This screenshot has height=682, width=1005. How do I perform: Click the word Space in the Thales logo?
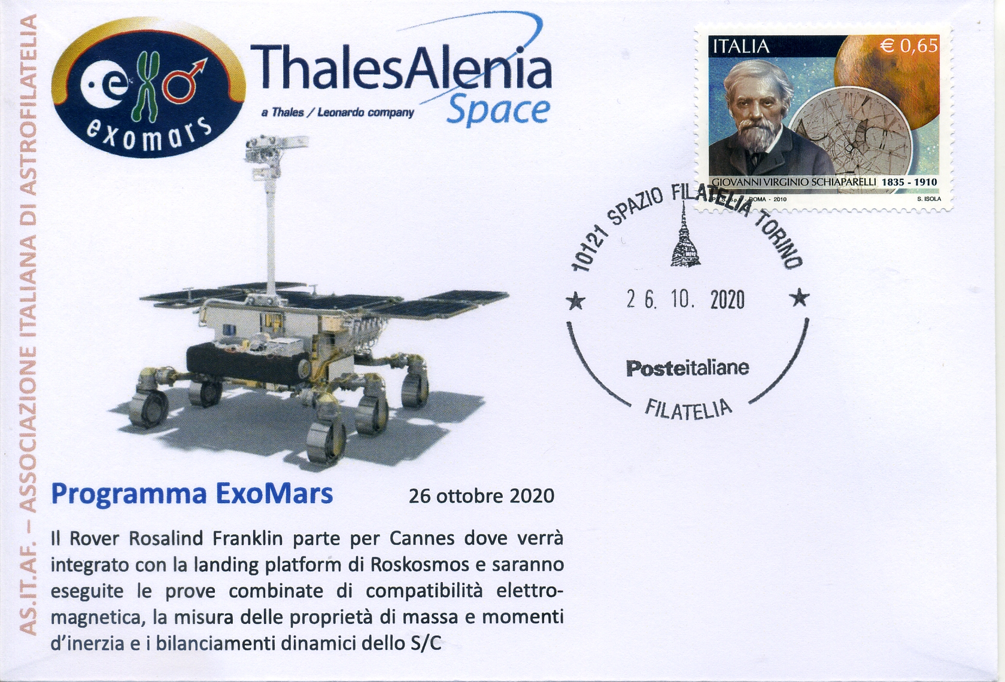tap(498, 110)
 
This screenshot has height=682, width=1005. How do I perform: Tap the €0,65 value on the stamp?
tap(909, 45)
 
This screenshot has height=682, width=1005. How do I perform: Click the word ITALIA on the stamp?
tap(741, 46)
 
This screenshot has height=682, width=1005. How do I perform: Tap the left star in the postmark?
tap(576, 302)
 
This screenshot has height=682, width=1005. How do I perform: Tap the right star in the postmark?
tap(799, 298)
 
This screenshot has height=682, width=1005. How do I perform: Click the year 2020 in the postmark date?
tap(727, 300)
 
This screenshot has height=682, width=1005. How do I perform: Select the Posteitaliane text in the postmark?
tap(687, 368)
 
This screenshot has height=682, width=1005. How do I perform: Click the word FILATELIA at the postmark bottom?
tap(689, 409)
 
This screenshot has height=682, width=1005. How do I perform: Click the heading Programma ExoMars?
tap(192, 495)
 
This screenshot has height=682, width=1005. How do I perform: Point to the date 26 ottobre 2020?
tap(481, 496)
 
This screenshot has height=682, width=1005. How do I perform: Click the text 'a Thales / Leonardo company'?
tap(338, 112)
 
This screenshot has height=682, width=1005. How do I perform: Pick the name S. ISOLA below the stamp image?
tap(929, 199)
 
